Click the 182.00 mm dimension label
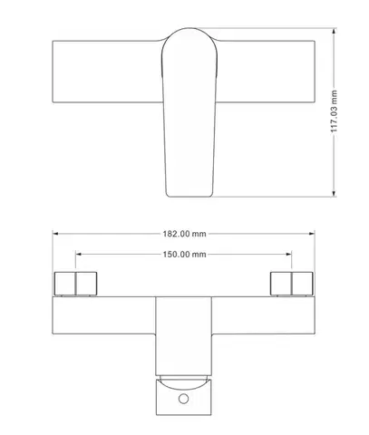[184, 234]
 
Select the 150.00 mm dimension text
[184, 255]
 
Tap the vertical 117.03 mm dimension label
[334, 111]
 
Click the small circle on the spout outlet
[183, 399]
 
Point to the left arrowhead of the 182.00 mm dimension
[55, 234]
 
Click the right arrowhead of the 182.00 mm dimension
[312, 234]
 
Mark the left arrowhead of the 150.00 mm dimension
[79, 254]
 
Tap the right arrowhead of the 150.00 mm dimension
[288, 254]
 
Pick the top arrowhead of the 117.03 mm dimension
[334, 31]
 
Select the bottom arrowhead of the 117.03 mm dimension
[334, 194]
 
